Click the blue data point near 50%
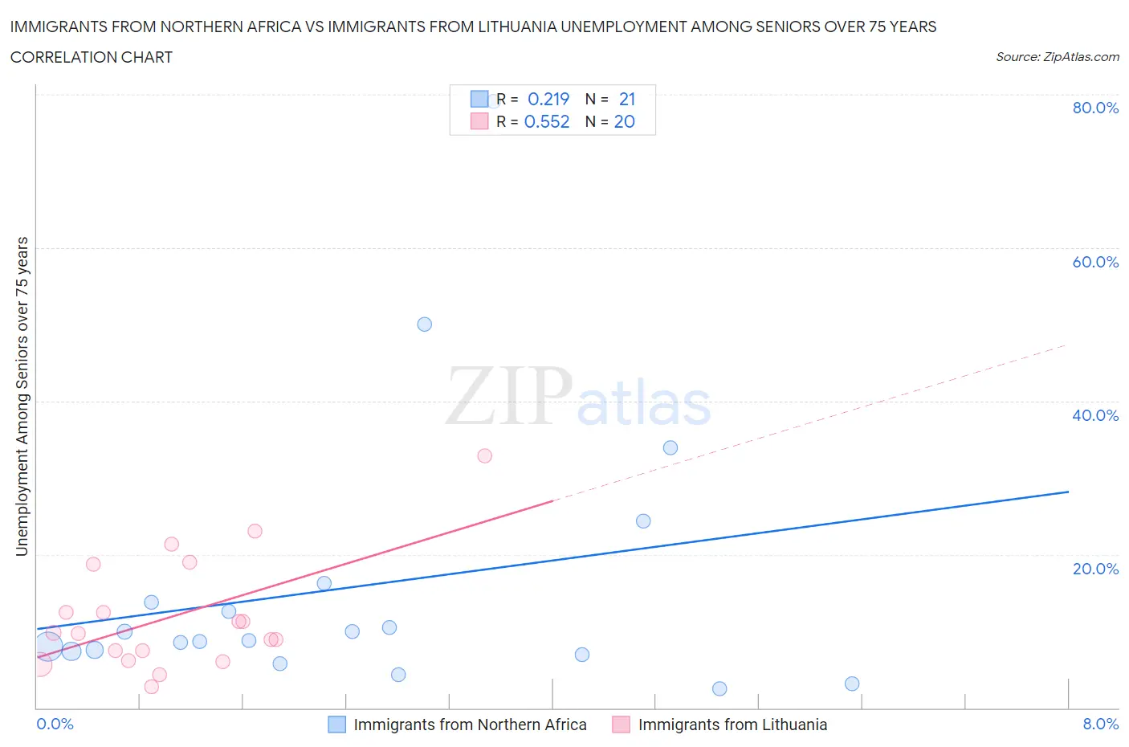(x=425, y=325)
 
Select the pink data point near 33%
(x=484, y=455)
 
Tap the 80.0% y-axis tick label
(x=1095, y=108)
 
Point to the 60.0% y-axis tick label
(x=1095, y=262)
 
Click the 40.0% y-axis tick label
(x=1095, y=415)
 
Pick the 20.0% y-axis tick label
(x=1095, y=569)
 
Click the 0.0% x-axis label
(x=55, y=724)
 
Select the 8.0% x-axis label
(x=1100, y=724)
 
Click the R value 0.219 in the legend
(x=548, y=99)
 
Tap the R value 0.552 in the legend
(x=547, y=121)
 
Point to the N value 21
(x=627, y=99)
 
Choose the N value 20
(x=625, y=121)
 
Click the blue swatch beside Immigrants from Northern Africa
(x=337, y=725)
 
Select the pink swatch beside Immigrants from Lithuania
(x=621, y=725)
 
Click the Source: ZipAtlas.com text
(x=1057, y=57)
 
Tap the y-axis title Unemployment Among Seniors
(x=22, y=396)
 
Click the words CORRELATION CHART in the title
(x=92, y=57)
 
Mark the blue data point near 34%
(x=670, y=447)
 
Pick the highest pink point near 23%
(x=255, y=531)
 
